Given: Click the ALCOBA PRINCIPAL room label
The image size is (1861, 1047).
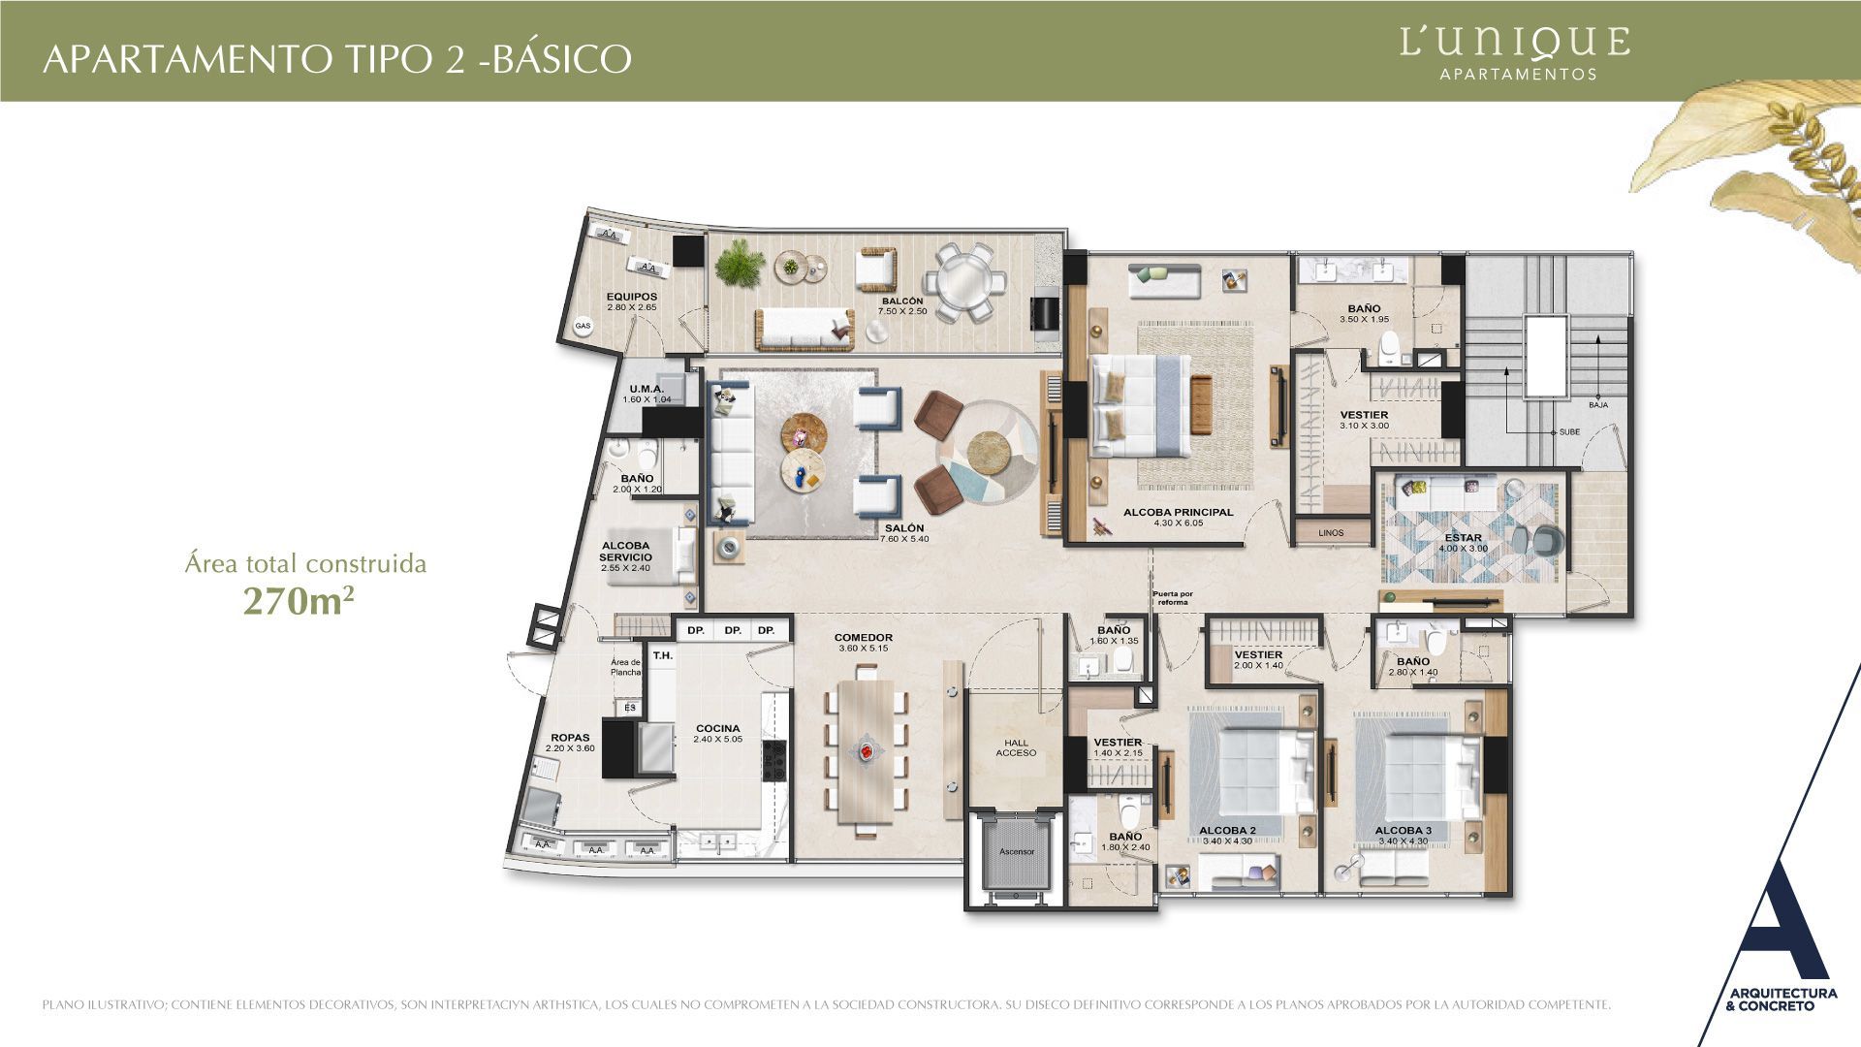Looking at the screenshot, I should (x=1178, y=512).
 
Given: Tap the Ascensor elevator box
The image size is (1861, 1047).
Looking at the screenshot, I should (x=1017, y=852).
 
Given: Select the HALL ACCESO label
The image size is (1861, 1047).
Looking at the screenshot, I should (x=1016, y=747).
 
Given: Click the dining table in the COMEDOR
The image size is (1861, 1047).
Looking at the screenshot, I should (x=866, y=751).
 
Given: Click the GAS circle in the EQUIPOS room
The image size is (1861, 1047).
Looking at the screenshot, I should (x=583, y=326).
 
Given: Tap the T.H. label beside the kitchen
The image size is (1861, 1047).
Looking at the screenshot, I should (x=662, y=655).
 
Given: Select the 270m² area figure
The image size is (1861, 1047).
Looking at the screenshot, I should (x=298, y=601).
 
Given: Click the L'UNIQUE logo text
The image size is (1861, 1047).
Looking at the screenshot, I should (x=1515, y=42).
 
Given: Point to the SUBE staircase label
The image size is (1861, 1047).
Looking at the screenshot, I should (x=1569, y=432).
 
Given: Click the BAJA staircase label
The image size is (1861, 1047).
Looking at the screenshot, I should (x=1598, y=404).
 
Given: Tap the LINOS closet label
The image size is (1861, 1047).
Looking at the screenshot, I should (x=1331, y=532).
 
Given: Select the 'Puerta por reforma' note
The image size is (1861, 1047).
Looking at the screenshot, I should (x=1173, y=598).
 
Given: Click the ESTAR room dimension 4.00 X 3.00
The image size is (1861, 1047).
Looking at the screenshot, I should (x=1463, y=549).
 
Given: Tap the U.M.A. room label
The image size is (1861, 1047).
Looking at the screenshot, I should (x=646, y=389).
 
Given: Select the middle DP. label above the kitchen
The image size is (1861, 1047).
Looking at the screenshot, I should (x=732, y=630).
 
